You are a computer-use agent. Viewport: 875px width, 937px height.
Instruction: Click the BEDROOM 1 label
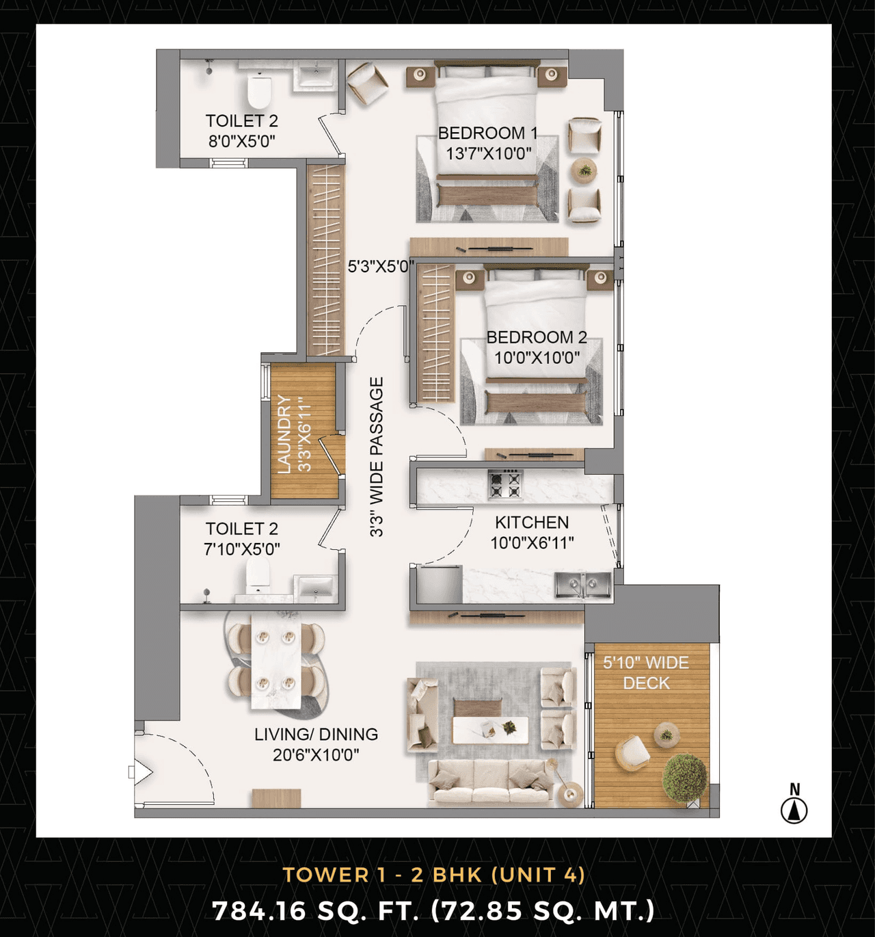tap(487, 133)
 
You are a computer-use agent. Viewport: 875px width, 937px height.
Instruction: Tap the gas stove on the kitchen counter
tap(505, 485)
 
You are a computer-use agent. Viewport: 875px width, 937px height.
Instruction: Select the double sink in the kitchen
tap(582, 585)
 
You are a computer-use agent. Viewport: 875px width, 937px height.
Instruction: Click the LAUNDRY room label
tap(284, 434)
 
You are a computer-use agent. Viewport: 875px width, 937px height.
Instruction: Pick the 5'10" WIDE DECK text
tap(646, 673)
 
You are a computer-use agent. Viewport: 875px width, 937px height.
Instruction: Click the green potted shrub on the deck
tap(684, 778)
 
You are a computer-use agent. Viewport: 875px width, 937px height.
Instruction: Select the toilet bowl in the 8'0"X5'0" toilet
tap(259, 92)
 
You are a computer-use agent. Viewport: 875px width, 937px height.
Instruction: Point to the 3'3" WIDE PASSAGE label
tap(377, 457)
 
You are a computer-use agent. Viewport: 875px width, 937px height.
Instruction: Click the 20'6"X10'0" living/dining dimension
tap(316, 754)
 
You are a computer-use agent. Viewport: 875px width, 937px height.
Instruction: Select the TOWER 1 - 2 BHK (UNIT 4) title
tap(434, 875)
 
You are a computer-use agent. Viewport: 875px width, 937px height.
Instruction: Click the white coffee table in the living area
tap(489, 730)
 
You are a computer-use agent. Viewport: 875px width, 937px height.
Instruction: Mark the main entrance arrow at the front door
tap(141, 772)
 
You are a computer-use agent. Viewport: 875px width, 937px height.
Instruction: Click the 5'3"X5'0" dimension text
tap(381, 267)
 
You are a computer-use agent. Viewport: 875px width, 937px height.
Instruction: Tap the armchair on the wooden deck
tap(632, 752)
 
